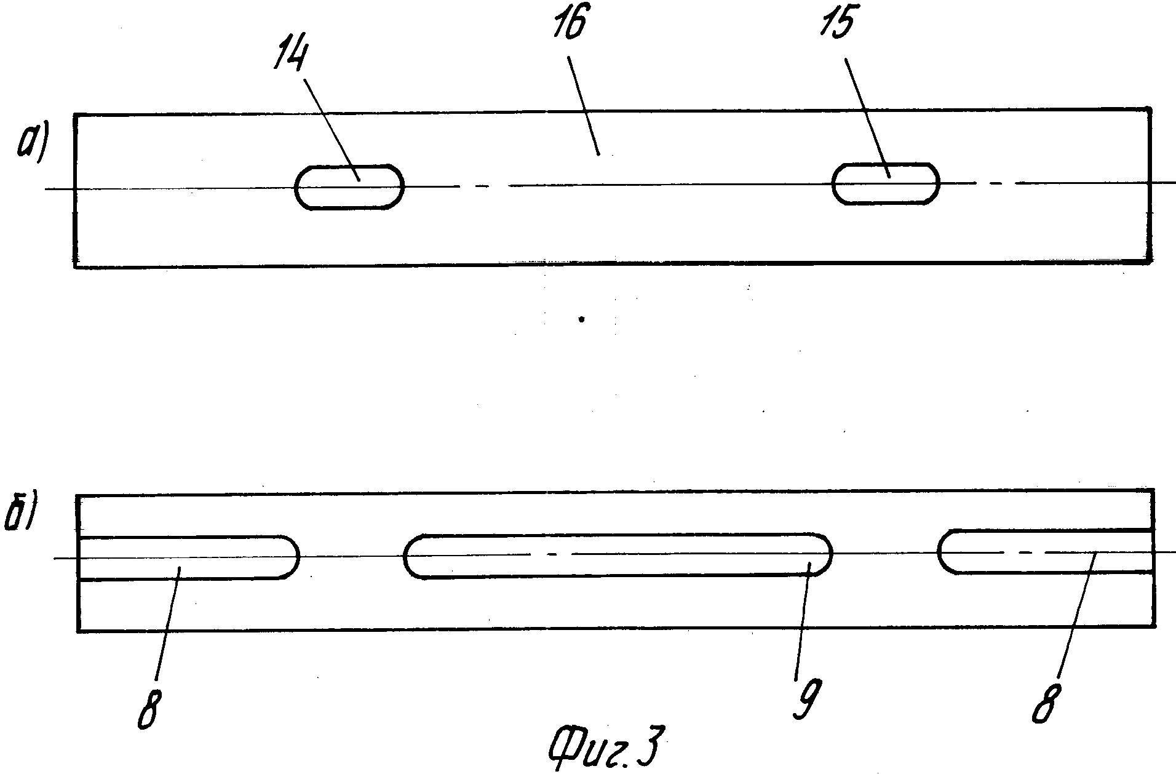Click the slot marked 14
[349, 188]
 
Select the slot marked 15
[886, 183]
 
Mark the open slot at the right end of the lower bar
[1046, 551]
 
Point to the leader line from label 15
[867, 117]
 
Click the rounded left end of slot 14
[300, 188]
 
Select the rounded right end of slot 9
[827, 554]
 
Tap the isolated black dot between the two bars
[581, 319]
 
